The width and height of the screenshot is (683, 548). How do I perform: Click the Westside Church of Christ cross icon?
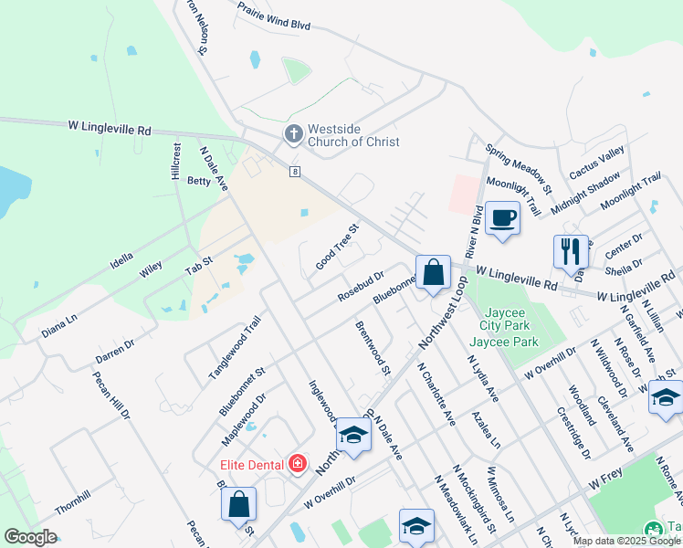[293, 134]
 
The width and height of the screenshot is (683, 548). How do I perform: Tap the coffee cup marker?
[502, 218]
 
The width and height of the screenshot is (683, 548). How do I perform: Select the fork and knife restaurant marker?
[570, 250]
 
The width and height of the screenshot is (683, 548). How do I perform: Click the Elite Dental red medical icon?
[297, 464]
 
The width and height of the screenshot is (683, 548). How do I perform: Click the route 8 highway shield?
[294, 172]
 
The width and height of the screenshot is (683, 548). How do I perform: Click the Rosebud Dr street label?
[359, 286]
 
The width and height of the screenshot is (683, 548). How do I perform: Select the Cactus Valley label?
[596, 162]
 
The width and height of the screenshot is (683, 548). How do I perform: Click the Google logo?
[30, 537]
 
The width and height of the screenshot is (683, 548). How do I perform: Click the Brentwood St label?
[373, 348]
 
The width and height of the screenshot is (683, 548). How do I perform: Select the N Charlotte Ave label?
[436, 395]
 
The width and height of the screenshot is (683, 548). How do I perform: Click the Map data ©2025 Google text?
[626, 541]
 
